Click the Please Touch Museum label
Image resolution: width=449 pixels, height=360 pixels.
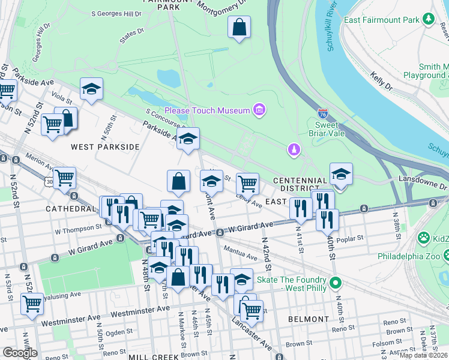[207, 110]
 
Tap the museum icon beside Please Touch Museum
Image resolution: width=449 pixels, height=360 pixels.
[259, 109]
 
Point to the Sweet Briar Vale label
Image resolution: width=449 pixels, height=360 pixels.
[327, 128]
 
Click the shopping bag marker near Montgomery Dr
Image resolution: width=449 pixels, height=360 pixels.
[239, 28]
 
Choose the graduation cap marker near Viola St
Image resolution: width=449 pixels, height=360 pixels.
[91, 90]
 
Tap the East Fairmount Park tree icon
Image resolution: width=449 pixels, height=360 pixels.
[429, 20]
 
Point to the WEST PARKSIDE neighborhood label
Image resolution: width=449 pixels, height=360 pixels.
[105, 146]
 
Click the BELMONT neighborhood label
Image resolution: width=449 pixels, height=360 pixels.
[307, 319]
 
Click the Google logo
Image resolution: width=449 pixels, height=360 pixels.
[20, 353]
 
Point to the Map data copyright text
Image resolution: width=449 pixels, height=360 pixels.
[423, 355]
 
